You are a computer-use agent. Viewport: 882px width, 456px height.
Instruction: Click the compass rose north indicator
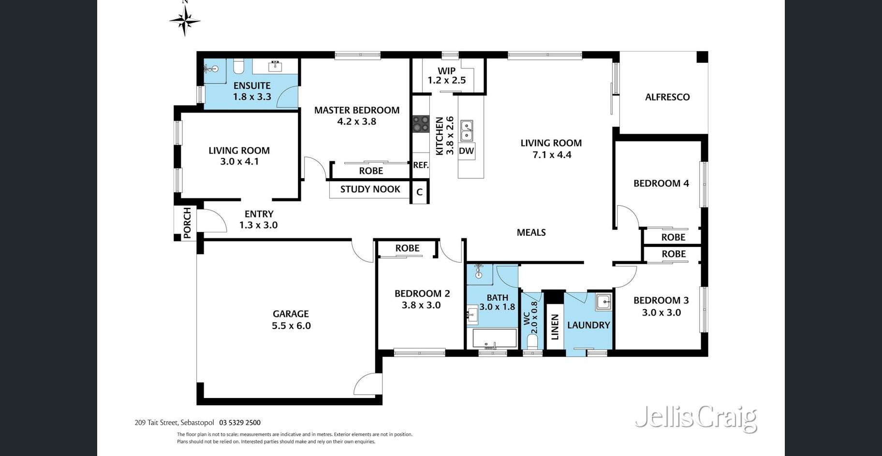[x=185, y=19]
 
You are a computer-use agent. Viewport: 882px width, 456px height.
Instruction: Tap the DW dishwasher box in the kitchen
[x=467, y=151]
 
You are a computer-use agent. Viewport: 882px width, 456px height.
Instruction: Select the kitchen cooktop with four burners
[x=421, y=123]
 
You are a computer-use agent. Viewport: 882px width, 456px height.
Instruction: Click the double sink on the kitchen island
[x=467, y=130]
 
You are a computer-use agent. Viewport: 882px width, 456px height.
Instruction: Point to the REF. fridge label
[x=421, y=165]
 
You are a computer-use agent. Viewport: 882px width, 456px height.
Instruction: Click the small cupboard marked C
[x=419, y=192]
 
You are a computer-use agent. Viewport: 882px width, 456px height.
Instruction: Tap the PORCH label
[x=187, y=223]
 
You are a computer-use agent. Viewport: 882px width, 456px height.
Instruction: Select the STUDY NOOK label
[x=370, y=189]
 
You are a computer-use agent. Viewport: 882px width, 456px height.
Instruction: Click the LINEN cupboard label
[x=555, y=327]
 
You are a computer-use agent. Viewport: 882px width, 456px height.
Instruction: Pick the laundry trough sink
[x=603, y=302]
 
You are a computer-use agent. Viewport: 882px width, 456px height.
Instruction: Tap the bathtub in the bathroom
[x=494, y=339]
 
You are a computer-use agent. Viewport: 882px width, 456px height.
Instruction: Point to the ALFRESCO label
[x=667, y=97]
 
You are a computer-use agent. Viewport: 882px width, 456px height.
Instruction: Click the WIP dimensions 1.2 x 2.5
[x=446, y=80]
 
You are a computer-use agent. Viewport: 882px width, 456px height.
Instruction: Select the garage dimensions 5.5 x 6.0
[x=291, y=326]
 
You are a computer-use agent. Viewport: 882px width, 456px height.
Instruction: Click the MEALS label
[x=531, y=232]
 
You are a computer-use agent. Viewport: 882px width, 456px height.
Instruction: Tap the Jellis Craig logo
[x=696, y=418]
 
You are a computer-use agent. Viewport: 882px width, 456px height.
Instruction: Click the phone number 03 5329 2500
[x=240, y=423]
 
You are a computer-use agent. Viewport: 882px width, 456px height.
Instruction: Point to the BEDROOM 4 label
[x=661, y=184]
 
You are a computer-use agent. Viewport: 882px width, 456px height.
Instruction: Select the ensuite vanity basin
[x=275, y=66]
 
